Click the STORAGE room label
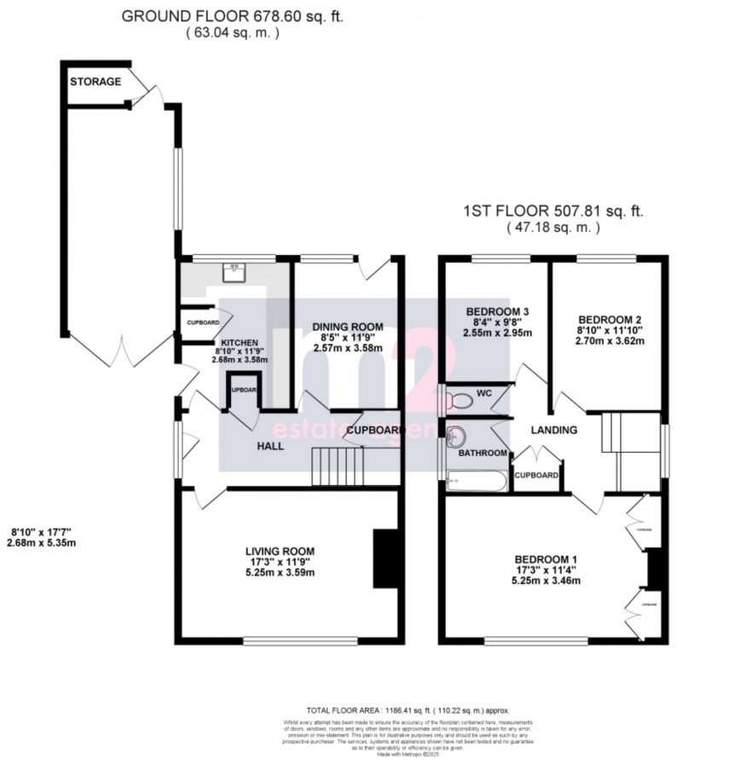click(x=95, y=82)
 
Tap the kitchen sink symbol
click(x=232, y=272)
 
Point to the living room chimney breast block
click(x=385, y=558)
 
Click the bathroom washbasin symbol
click(x=456, y=434)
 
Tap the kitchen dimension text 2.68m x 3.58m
click(x=240, y=359)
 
